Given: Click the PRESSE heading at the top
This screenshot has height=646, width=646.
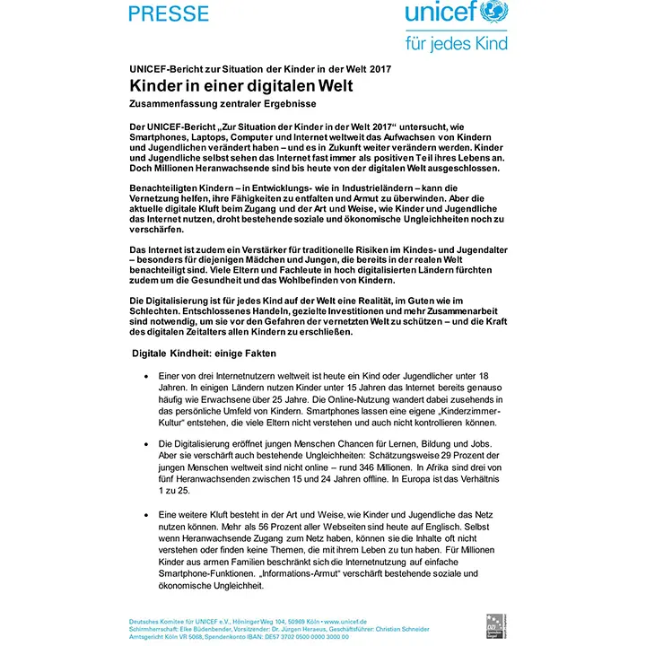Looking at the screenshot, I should coord(169,13).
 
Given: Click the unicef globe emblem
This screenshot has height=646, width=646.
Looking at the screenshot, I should coord(494,13).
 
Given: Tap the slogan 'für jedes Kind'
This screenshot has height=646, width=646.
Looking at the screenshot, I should coord(457,42).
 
